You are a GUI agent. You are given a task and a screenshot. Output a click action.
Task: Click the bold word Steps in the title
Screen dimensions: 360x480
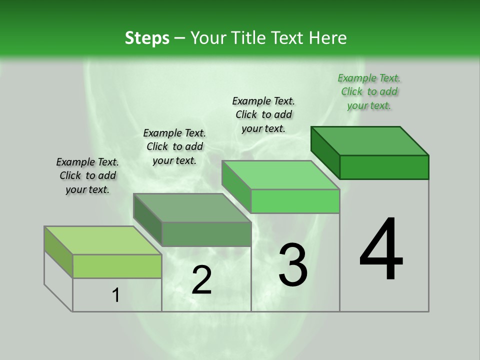(147, 38)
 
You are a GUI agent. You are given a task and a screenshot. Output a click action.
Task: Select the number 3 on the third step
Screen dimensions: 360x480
(293, 265)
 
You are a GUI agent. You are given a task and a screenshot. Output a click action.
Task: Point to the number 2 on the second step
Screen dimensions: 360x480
(202, 280)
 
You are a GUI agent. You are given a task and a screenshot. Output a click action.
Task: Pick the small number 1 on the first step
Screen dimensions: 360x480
(116, 295)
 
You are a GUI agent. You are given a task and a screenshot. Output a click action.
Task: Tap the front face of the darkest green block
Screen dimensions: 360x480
(384, 167)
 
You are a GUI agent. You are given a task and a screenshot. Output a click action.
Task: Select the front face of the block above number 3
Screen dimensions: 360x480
(295, 201)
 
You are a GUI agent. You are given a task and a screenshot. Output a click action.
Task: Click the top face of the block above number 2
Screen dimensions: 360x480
(192, 208)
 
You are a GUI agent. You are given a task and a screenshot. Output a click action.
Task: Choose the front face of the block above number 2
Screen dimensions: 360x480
(206, 234)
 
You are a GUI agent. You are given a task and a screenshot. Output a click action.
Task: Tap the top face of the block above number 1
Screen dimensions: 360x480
(103, 240)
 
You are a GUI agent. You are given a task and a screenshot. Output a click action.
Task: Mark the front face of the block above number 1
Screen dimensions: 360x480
(117, 266)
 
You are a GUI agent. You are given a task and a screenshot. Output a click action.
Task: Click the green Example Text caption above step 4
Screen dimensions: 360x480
(369, 91)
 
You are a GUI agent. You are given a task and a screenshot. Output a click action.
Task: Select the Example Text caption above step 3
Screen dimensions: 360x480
(263, 114)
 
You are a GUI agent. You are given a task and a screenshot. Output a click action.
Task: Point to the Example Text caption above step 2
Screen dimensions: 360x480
(174, 146)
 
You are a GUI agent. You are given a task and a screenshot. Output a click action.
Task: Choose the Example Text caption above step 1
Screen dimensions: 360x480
(87, 175)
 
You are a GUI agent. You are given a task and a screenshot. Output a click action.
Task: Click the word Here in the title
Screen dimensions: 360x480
(329, 38)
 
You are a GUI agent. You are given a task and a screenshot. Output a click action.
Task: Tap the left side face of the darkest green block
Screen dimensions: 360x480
(325, 152)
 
